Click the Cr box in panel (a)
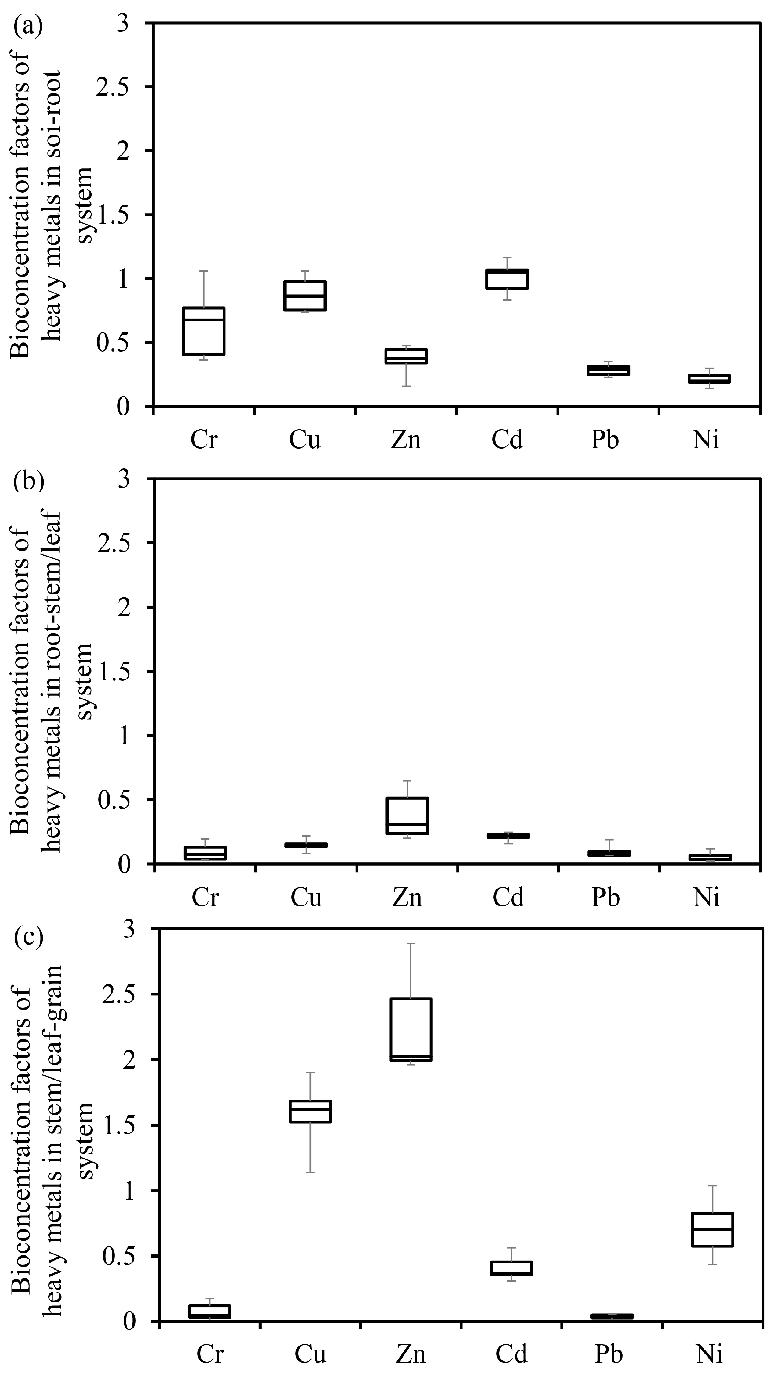tap(203, 331)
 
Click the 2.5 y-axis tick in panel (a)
tap(113, 87)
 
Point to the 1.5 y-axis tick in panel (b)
tap(113, 671)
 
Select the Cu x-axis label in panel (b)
tap(306, 897)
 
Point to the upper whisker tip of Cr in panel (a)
tap(203, 272)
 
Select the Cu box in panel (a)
tap(305, 295)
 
